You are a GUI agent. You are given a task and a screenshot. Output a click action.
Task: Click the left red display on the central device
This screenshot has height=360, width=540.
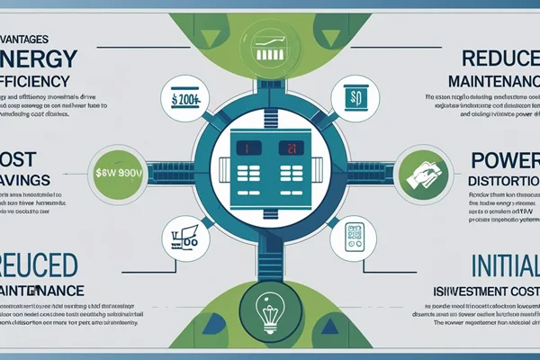(x=240, y=148)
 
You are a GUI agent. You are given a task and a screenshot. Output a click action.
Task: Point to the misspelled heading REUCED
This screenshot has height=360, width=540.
(x=39, y=266)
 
